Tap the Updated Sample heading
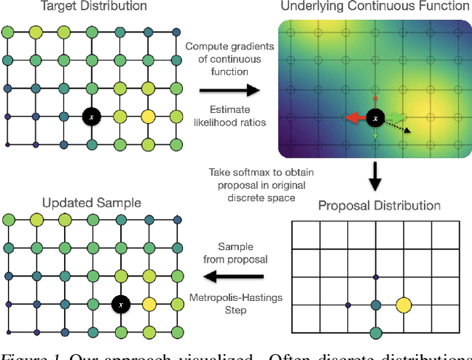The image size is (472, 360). pos(81,202)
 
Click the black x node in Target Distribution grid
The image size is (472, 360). pos(91,117)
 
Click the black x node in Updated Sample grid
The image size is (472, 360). pos(119,302)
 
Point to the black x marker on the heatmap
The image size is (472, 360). pos(375,117)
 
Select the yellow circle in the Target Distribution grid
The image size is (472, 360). pos(147,117)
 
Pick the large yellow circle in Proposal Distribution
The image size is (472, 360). pos(403,304)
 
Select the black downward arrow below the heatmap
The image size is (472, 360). pos(375,181)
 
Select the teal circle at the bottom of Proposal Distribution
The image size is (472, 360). pos(375,333)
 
